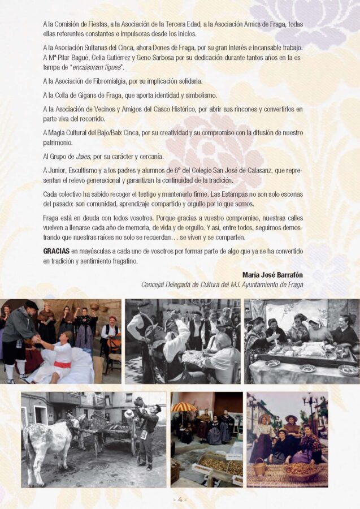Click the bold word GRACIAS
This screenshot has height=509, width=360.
point(56,251)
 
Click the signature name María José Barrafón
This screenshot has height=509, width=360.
point(272,275)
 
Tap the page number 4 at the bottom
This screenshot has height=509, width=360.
point(180,499)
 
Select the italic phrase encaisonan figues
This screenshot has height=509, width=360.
point(96,67)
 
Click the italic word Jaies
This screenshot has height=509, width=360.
point(83,157)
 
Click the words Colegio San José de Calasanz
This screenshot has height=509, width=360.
point(234,170)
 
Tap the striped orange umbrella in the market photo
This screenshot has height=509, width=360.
point(184,407)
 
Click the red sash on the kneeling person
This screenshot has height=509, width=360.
point(63,364)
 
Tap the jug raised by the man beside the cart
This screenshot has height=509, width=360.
point(140,402)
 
